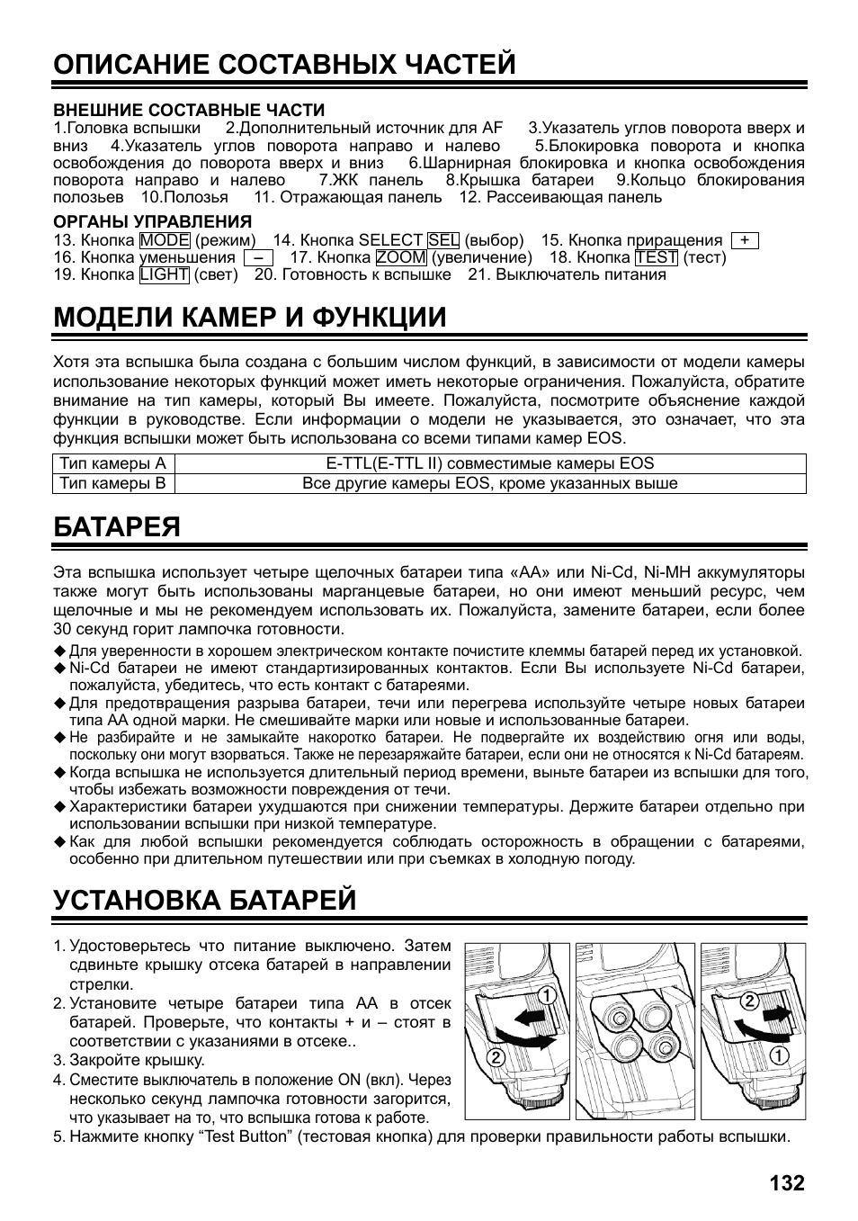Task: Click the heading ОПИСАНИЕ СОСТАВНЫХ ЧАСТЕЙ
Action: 284,64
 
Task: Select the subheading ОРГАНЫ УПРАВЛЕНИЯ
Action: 152,221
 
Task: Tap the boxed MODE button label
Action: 165,240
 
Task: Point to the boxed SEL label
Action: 443,240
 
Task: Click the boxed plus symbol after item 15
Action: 745,240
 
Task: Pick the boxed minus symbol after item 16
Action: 257,257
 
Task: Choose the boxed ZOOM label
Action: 401,257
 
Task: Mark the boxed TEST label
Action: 656,257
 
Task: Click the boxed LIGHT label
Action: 165,274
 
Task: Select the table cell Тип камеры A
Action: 113,464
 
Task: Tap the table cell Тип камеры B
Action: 113,483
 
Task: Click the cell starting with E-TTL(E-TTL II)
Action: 489,464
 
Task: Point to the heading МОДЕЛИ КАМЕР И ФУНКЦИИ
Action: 249,317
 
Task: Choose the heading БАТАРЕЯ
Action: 117,526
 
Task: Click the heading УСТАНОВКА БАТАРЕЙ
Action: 205,900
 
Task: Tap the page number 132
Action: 787,1181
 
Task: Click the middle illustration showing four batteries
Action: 635,1030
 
